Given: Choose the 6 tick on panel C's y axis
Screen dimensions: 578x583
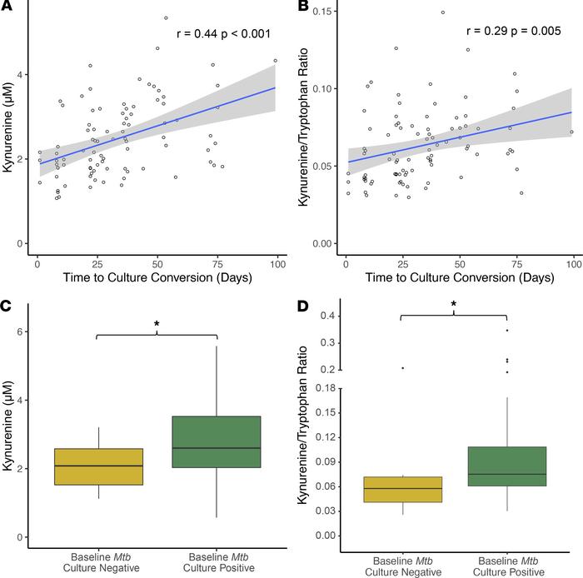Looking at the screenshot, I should tap(21, 331).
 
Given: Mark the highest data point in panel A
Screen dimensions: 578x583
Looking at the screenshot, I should tap(166, 17).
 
